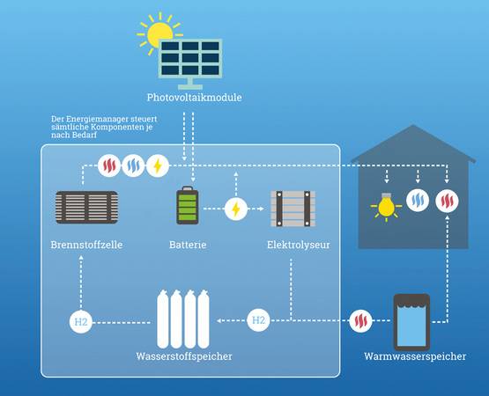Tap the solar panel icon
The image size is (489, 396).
(x=190, y=63)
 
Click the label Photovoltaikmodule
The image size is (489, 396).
(x=195, y=98)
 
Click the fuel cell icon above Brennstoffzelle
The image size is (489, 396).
(x=86, y=207)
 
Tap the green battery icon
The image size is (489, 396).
(x=188, y=205)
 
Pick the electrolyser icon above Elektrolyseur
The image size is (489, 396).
(x=293, y=209)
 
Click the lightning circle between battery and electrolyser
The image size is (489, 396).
(x=236, y=209)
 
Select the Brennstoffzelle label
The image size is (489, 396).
(x=86, y=245)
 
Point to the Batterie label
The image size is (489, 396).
(x=188, y=245)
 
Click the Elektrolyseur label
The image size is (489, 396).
(x=298, y=245)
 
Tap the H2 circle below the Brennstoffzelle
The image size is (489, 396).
(x=81, y=322)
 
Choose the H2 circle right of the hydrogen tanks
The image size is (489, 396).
(x=258, y=320)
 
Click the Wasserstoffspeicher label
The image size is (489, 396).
(x=184, y=356)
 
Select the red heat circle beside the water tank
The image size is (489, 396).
(x=360, y=320)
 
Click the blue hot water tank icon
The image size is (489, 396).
(x=411, y=322)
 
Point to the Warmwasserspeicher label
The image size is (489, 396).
(x=415, y=356)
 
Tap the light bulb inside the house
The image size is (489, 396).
(x=387, y=207)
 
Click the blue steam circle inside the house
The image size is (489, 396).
(x=418, y=201)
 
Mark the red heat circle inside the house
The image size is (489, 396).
(x=447, y=201)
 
